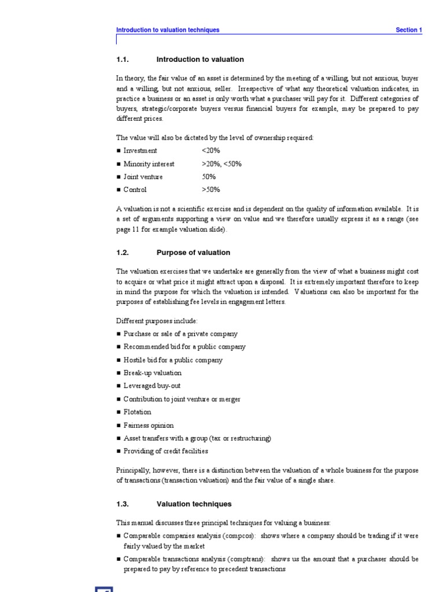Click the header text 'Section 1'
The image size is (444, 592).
click(408, 30)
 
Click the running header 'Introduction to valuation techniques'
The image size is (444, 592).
click(168, 30)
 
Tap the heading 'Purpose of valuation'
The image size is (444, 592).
click(193, 253)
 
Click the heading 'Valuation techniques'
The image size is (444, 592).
click(194, 504)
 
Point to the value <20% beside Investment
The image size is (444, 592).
click(211, 150)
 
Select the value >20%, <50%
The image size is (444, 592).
click(221, 164)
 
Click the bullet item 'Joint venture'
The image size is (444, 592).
click(143, 177)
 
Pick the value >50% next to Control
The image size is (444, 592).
click(211, 190)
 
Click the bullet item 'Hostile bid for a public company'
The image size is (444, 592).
click(172, 360)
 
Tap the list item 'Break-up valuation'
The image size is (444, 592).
click(152, 373)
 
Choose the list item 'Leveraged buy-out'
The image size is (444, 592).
click(152, 386)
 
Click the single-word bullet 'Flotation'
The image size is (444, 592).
click(137, 412)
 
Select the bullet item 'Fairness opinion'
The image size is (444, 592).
click(148, 425)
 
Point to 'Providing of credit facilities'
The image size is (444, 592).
click(165, 451)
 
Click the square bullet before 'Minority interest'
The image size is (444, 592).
click(119, 164)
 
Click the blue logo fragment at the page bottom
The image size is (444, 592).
click(104, 589)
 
